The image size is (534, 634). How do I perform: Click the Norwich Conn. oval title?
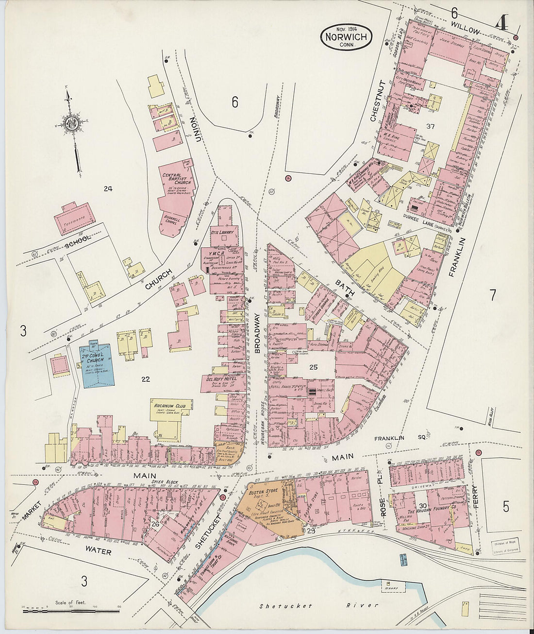[x=346, y=36]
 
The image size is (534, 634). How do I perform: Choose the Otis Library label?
[x=224, y=233]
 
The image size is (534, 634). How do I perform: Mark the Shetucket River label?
[x=318, y=606]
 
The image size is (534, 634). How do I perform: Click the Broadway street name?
[x=258, y=335]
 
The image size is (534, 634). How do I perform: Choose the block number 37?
[x=430, y=127]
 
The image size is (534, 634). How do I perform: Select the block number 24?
[x=108, y=188]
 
